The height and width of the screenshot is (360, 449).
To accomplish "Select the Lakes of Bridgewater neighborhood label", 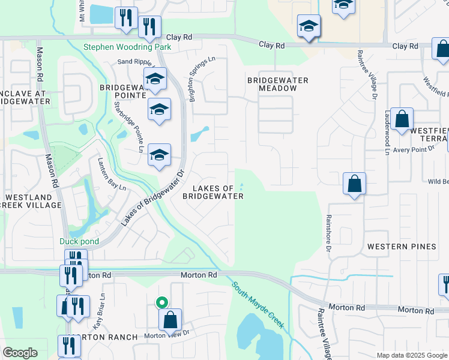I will coord(213,192).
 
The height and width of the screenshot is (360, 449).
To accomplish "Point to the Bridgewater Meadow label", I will coord(278,84).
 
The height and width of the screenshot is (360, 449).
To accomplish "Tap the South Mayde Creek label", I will coord(258,305).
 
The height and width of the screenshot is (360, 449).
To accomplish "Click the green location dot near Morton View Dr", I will coord(160,303).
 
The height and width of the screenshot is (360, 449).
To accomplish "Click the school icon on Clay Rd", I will coord(309,26).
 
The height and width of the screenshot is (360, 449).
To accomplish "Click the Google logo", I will coord(20,353).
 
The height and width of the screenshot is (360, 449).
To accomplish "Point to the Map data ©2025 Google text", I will coord(411,355).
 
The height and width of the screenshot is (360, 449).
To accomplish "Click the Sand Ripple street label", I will coord(134,61).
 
